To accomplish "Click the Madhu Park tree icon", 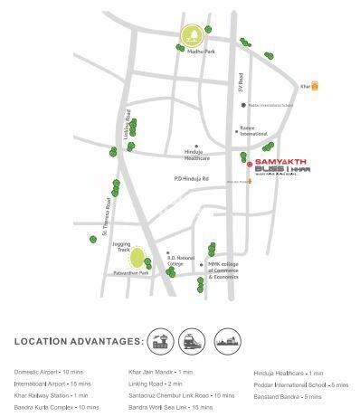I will pyautogui.click(x=192, y=37).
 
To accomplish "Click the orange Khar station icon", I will pyautogui.click(x=314, y=87).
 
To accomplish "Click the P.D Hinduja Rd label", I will pyautogui.click(x=193, y=178).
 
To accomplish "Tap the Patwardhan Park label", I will pyautogui.click(x=130, y=271).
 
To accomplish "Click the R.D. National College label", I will pyautogui.click(x=182, y=261).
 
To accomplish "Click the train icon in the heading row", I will pyautogui.click(x=194, y=341).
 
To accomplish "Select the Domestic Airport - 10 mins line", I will pyautogui.click(x=50, y=372).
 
